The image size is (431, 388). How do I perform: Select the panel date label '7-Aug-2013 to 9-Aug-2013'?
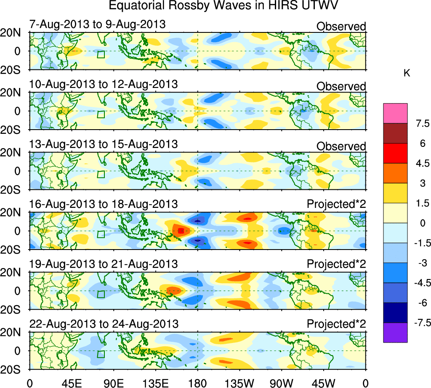pyautogui.click(x=97, y=24)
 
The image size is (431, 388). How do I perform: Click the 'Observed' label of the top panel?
pyautogui.click(x=341, y=27)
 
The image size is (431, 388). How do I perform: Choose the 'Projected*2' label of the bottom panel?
pyautogui.click(x=336, y=324)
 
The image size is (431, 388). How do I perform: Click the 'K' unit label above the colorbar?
pyautogui.click(x=407, y=73)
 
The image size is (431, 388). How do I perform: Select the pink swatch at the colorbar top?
pyautogui.click(x=395, y=113)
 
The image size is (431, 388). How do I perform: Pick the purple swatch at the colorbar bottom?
pyautogui.click(x=395, y=332)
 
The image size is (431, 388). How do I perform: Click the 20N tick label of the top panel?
pyautogui.click(x=13, y=33)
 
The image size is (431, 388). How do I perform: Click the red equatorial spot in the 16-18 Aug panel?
pyautogui.click(x=181, y=231)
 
